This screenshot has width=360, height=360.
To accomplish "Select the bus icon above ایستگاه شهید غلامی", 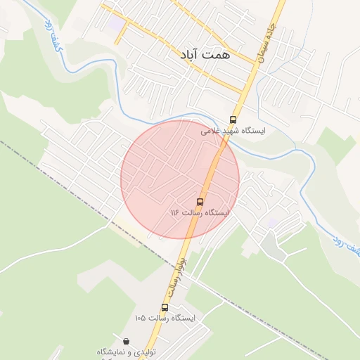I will pos(233,120).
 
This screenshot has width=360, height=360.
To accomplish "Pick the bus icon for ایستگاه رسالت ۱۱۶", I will pos(200,202).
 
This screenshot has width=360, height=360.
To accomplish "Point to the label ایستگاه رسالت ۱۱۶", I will pos(200,212).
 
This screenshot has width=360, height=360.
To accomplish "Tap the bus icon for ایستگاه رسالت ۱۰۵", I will pos(165,307).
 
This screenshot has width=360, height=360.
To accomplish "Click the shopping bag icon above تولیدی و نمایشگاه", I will pos(125,341).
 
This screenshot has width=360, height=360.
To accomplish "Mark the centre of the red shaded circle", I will pos(180,179).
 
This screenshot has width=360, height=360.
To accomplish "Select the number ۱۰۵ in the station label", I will pos(141,318).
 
